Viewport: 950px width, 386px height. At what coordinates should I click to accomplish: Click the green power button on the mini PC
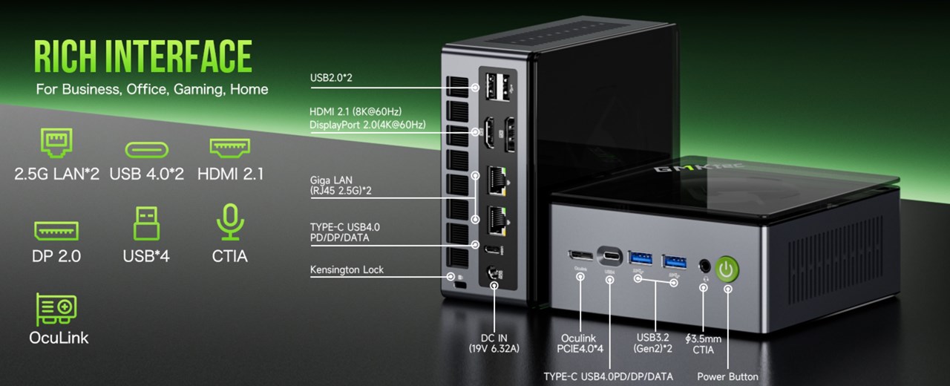click(x=727, y=269)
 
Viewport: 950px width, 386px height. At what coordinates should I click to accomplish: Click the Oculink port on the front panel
click(x=580, y=255)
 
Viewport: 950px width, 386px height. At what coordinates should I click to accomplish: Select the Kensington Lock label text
click(x=347, y=269)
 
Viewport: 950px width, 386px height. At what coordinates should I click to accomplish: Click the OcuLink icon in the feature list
click(x=56, y=310)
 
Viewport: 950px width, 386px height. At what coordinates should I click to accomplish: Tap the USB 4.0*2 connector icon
click(x=146, y=149)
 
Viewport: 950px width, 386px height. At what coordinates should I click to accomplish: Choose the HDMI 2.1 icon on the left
click(x=230, y=147)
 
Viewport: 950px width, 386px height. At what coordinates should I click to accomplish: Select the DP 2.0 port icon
click(x=56, y=230)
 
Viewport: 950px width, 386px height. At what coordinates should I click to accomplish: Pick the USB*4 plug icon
click(x=146, y=223)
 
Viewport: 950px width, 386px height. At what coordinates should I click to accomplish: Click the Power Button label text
click(x=727, y=376)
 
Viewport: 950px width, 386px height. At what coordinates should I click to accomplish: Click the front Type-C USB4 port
click(x=610, y=256)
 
